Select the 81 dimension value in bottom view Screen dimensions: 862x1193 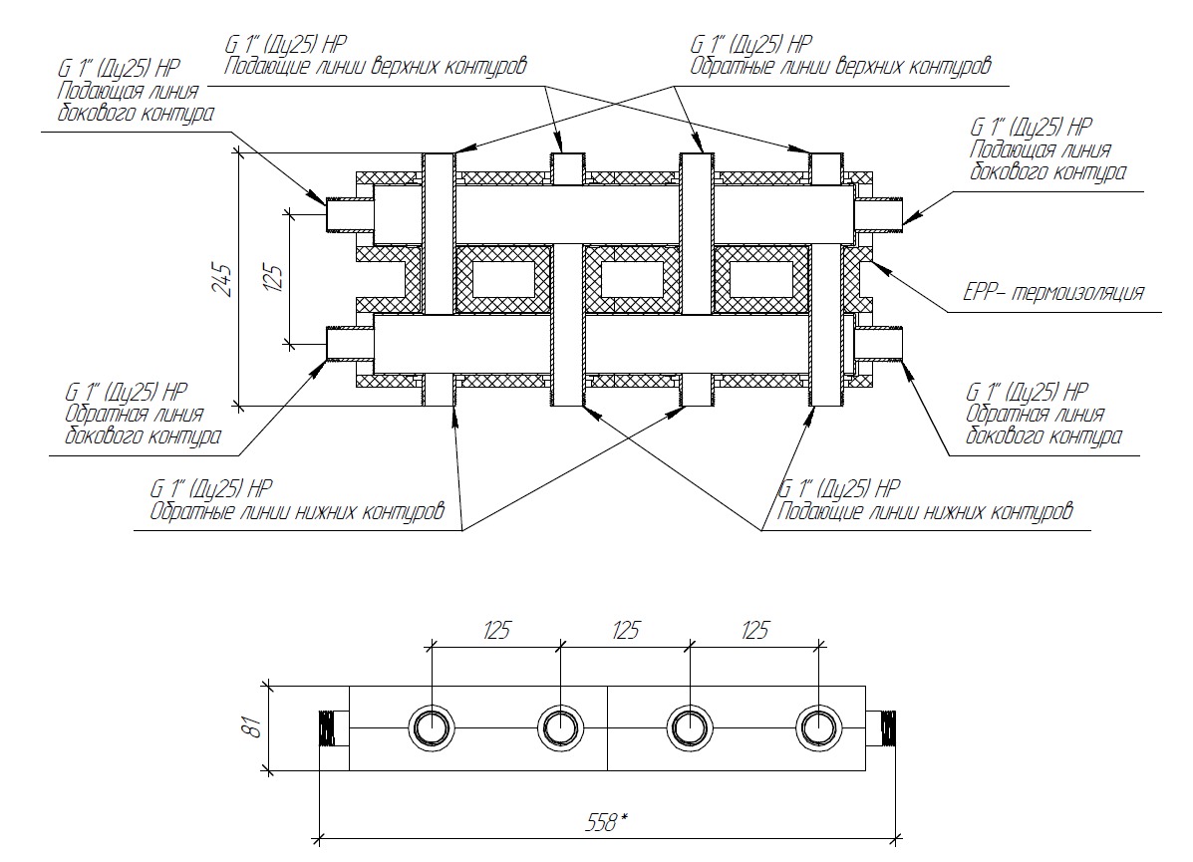pyautogui.click(x=254, y=726)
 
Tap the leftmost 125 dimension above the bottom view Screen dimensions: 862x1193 pyautogui.click(x=496, y=630)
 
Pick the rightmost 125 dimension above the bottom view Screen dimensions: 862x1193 pyautogui.click(x=754, y=630)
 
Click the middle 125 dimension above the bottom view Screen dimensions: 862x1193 pyautogui.click(x=625, y=630)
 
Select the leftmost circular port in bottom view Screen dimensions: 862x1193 pyautogui.click(x=432, y=727)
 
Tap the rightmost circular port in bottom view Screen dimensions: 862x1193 pyautogui.click(x=819, y=727)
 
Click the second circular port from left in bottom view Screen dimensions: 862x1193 pyautogui.click(x=560, y=727)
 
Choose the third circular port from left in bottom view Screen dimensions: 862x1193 pyautogui.click(x=690, y=727)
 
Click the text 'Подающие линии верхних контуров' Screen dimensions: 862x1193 pyautogui.click(x=375, y=67)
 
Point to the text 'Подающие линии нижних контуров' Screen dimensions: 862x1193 pyautogui.click(x=925, y=512)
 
